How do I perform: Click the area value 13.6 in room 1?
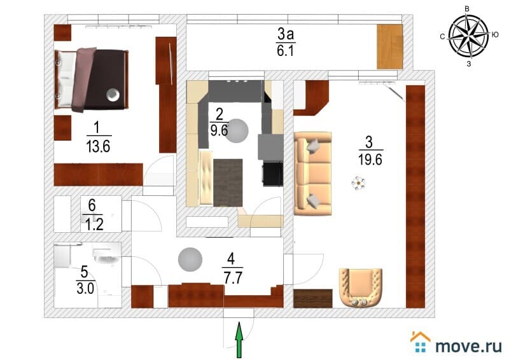click(98, 147)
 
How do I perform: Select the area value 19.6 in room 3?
click(369, 160)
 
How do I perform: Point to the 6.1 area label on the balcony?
click(284, 50)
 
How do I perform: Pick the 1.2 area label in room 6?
click(92, 223)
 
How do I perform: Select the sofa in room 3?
click(313, 172)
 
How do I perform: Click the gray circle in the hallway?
click(190, 260)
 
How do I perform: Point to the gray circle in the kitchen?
click(239, 130)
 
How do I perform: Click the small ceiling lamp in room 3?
click(359, 184)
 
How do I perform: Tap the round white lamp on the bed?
click(112, 95)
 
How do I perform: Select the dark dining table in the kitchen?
click(228, 182)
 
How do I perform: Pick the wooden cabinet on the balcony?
click(390, 46)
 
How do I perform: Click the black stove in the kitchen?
click(272, 174)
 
